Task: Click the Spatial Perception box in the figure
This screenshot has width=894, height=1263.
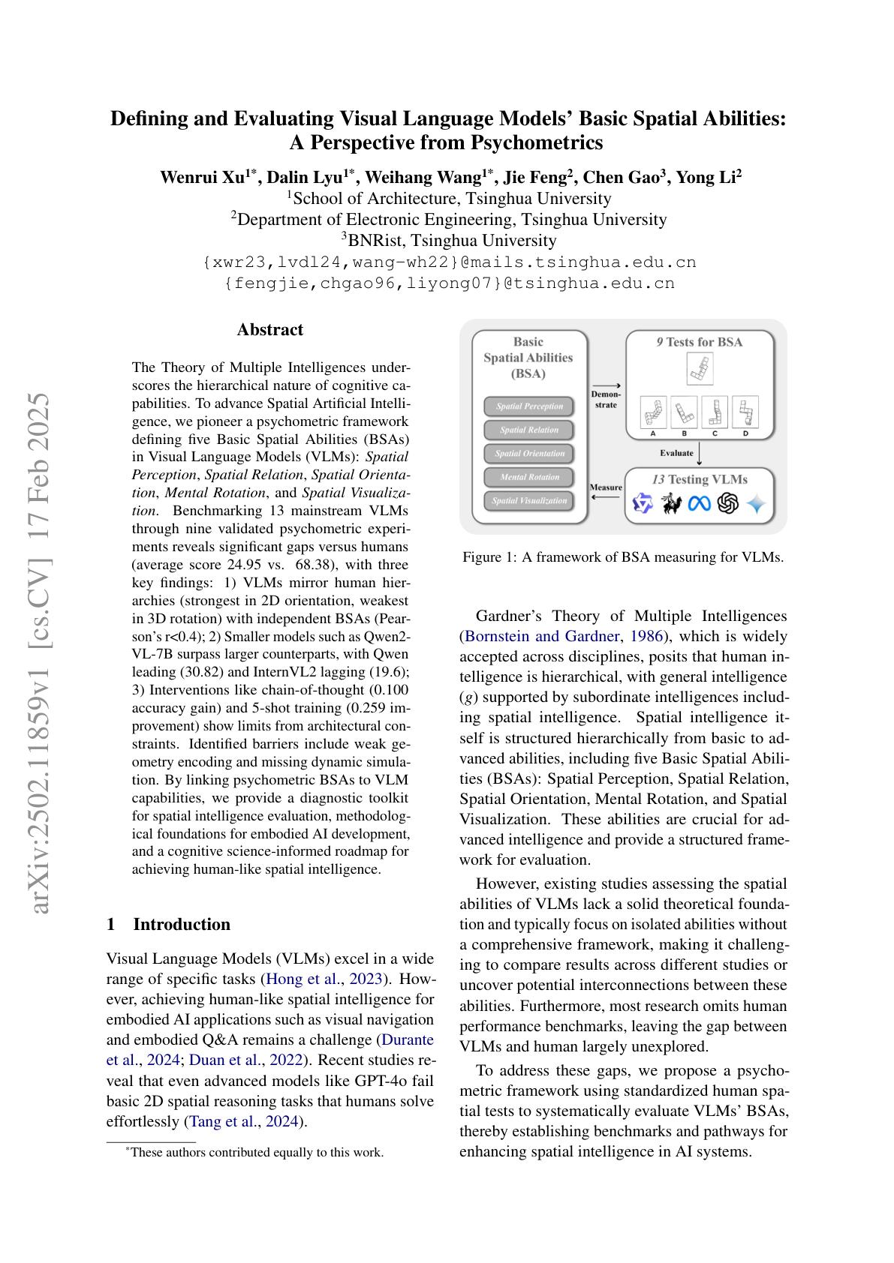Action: (529, 406)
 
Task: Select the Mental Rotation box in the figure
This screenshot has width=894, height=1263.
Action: (529, 477)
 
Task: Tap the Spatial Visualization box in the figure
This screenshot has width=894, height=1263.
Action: (529, 501)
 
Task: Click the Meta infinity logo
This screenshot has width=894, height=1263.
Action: (699, 504)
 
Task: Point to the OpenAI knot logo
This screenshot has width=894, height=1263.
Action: (727, 504)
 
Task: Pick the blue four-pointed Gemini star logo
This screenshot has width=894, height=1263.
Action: (756, 504)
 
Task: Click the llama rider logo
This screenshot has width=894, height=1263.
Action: (671, 504)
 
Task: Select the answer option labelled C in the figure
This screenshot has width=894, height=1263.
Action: (715, 412)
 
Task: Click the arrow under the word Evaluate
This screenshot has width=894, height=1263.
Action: (700, 454)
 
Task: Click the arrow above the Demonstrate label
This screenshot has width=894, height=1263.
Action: (606, 386)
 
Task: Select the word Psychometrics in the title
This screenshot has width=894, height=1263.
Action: (537, 142)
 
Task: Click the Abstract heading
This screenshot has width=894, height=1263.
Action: (270, 330)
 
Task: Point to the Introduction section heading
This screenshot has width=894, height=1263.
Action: (182, 924)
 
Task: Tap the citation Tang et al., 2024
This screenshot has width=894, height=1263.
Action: (245, 1122)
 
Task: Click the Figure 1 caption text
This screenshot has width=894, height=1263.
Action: (623, 557)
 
